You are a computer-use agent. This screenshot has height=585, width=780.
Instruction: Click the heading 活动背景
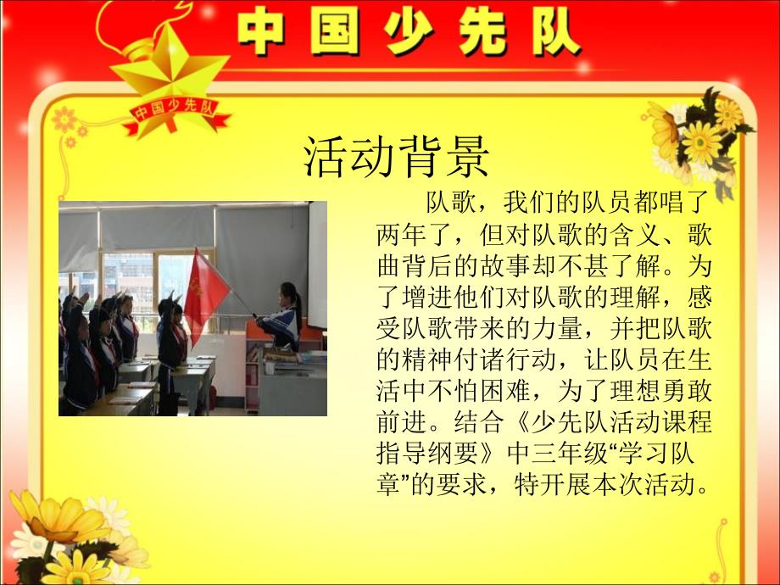click(x=397, y=156)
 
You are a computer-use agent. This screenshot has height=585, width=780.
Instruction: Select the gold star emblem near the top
click(x=169, y=75)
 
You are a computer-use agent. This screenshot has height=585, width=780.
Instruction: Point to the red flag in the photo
click(x=204, y=294)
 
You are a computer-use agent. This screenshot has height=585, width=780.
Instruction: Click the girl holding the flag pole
click(x=282, y=319)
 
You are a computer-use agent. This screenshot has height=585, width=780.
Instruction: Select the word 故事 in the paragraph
click(x=505, y=266)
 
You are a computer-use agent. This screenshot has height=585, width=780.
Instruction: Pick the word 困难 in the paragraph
click(x=505, y=392)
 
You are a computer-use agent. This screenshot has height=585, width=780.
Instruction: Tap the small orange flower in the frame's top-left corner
click(x=64, y=120)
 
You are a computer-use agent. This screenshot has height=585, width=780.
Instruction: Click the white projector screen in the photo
click(x=317, y=265)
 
